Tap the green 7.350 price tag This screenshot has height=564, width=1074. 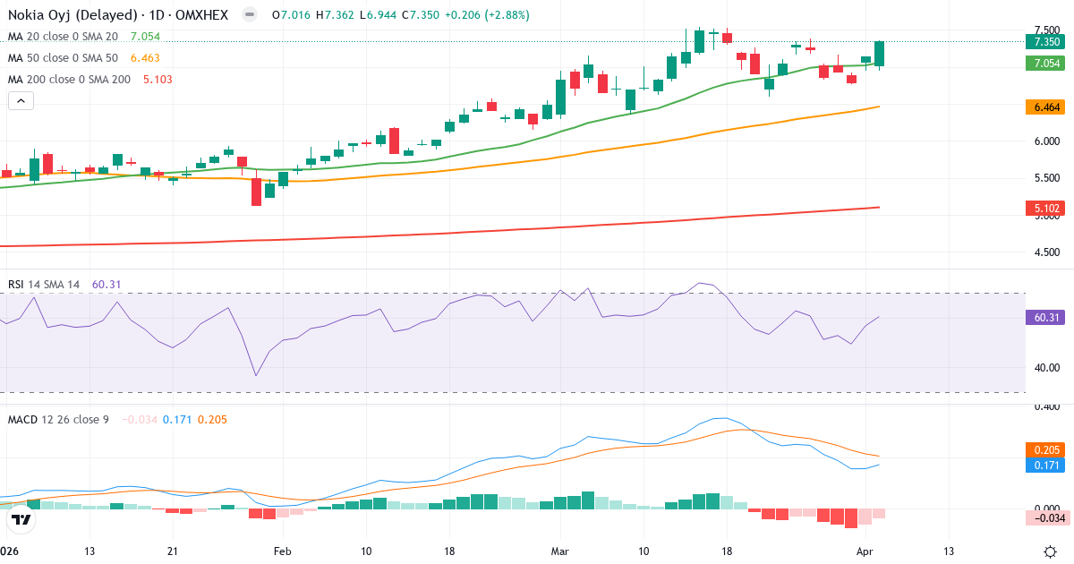(x=1046, y=42)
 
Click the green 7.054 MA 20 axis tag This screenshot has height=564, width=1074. (x=1046, y=64)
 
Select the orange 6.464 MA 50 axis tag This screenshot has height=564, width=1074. (x=1046, y=107)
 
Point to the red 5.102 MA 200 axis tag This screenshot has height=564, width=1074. (x=1046, y=208)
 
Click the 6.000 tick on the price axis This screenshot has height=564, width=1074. (x=1046, y=141)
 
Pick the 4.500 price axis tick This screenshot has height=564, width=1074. (x=1046, y=252)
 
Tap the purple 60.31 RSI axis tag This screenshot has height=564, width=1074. (x=1046, y=317)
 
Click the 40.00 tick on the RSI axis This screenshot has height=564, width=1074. (x=1046, y=367)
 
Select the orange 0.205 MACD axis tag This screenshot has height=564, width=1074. (x=1046, y=449)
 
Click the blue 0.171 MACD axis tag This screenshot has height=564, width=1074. (x=1046, y=466)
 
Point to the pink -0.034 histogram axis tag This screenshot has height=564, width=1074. (x=1046, y=517)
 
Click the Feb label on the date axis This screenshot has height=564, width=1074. (x=283, y=551)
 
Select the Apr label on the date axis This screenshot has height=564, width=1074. (x=865, y=551)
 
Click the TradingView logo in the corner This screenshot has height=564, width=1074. (x=21, y=519)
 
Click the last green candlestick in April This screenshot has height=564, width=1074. (x=880, y=54)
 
